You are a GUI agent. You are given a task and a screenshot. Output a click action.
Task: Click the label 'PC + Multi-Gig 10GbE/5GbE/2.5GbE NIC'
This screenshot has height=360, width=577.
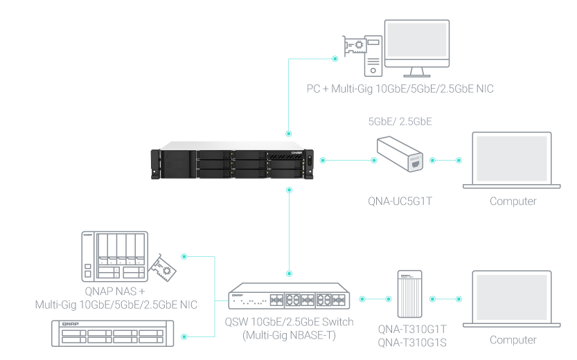pos(400,89)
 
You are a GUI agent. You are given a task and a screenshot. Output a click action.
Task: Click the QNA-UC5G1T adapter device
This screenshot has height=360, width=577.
pos(400,154)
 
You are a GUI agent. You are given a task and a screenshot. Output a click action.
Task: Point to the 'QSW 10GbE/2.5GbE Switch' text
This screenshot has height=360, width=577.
pos(289,322)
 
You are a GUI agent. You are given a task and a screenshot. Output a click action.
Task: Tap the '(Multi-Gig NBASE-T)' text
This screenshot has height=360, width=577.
pos(289,334)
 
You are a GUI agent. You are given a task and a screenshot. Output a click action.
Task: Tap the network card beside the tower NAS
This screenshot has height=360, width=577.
pos(164,267)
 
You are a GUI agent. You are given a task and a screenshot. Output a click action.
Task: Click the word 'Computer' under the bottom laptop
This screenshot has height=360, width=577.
pos(513,340)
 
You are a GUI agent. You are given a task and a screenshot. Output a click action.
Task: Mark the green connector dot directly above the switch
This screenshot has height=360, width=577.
pos(289,273)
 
